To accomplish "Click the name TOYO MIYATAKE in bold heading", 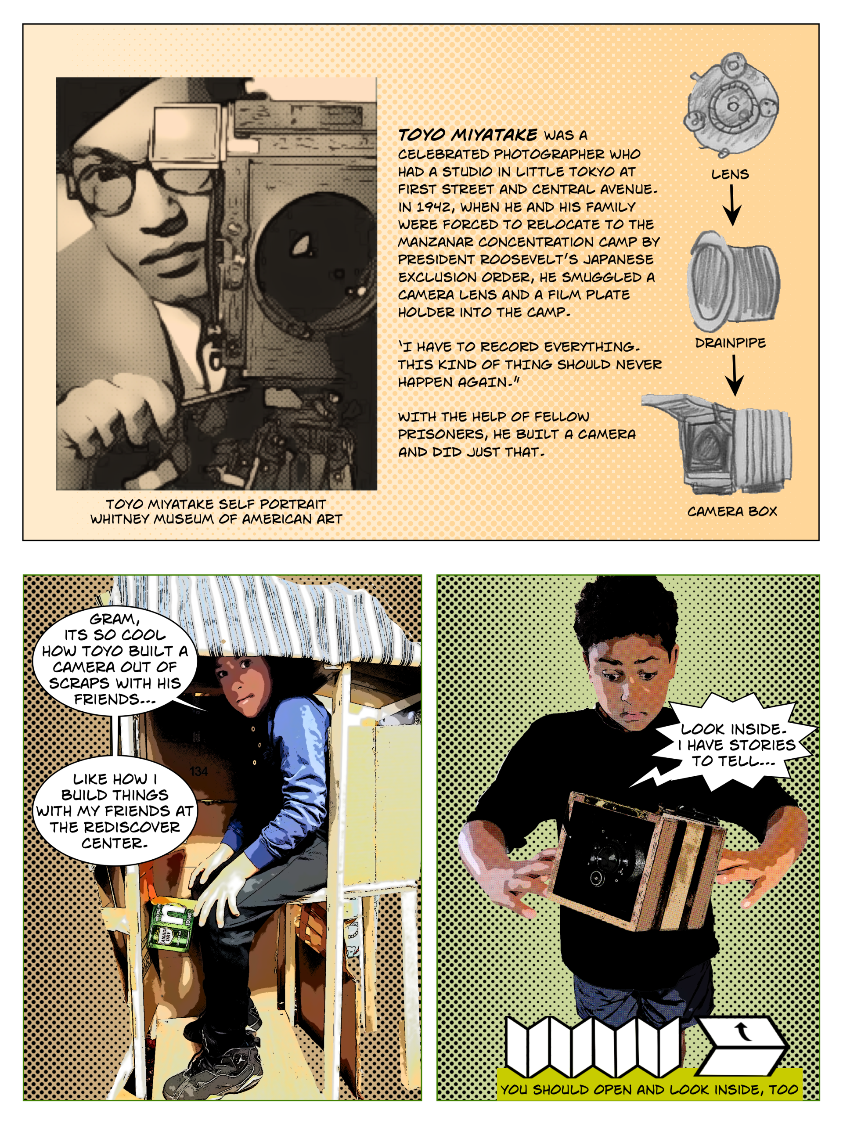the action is click(468, 135).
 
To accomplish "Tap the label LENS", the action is click(730, 174).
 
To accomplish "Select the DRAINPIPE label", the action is click(730, 343).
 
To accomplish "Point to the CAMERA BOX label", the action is click(732, 511).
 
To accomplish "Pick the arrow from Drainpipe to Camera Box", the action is click(734, 375).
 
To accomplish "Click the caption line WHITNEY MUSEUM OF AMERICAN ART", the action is click(216, 519).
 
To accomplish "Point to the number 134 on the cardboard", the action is click(199, 771).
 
